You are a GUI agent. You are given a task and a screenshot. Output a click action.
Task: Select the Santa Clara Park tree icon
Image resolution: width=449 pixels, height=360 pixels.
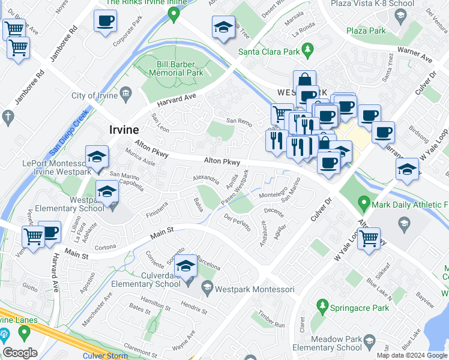click(x=308, y=49)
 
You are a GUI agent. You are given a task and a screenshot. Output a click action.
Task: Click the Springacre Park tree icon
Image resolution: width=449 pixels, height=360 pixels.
click(x=322, y=307)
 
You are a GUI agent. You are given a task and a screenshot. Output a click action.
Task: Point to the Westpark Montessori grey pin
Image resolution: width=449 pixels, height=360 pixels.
click(x=206, y=289)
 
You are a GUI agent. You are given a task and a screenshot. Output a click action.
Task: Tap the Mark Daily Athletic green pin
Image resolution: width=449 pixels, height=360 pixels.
click(x=363, y=204)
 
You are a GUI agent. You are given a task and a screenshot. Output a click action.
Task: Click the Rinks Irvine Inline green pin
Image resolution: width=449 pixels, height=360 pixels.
click(x=175, y=14)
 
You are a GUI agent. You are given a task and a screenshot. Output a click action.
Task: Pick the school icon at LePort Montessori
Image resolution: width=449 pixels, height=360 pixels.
click(x=97, y=157)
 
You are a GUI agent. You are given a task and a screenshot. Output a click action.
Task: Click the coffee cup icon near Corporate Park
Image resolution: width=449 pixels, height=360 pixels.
click(x=105, y=22)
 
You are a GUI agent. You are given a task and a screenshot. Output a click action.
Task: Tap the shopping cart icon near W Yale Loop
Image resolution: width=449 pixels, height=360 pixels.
click(x=369, y=238)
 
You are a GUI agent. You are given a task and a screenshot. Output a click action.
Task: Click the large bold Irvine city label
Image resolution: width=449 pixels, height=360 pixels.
click(x=124, y=130)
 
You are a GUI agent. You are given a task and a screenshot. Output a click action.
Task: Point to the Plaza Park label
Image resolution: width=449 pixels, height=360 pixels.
click(x=367, y=29)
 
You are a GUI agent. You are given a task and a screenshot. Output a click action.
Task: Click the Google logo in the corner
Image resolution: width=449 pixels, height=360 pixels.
click(x=20, y=353)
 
